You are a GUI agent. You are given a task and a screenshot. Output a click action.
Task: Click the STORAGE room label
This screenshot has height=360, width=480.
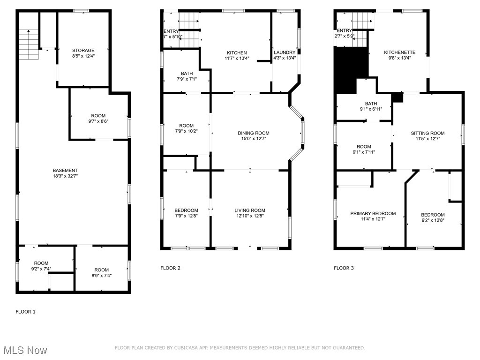(x=83, y=51)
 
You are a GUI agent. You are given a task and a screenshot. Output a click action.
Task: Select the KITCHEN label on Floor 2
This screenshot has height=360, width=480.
(x=237, y=53)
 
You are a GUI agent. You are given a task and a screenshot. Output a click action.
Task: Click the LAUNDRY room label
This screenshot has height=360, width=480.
(x=285, y=52)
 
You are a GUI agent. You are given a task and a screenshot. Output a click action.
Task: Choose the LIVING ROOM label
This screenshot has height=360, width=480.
(x=250, y=210)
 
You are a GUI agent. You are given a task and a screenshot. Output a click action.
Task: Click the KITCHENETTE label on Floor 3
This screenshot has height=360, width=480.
(x=398, y=52)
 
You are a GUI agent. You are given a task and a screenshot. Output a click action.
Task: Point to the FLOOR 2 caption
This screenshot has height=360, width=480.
(x=170, y=268)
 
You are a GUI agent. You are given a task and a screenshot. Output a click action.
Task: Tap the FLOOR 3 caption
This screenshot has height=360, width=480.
(x=344, y=268)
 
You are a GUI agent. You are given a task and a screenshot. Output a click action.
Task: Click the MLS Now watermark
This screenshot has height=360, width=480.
(x=24, y=351)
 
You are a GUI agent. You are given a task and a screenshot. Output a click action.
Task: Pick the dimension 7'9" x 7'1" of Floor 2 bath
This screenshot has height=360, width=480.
(x=187, y=79)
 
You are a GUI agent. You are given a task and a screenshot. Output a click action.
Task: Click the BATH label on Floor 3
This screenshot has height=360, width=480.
(x=371, y=104)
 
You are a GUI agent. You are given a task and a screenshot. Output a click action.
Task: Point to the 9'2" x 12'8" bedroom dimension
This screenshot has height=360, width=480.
(x=432, y=220)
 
